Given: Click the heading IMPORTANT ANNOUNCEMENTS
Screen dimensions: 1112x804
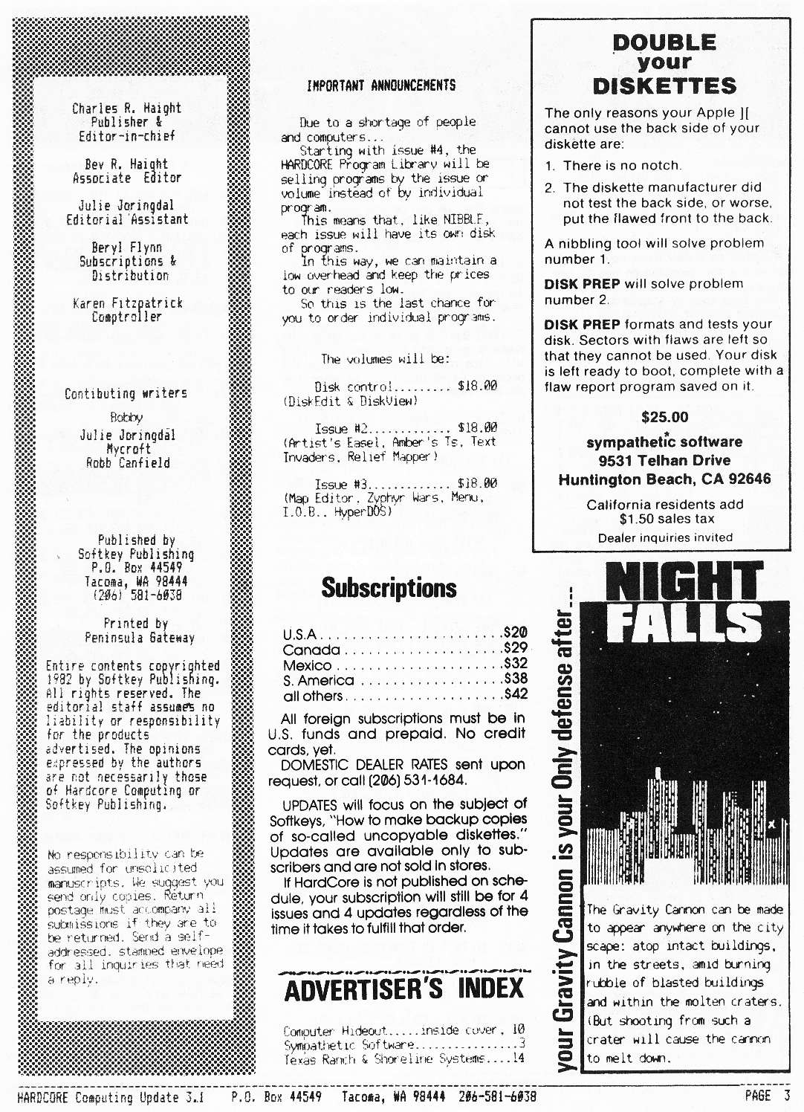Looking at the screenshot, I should click(381, 85).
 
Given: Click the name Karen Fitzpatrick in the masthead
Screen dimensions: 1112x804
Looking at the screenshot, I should click(127, 303).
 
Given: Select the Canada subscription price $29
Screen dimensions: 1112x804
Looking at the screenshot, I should click(515, 648).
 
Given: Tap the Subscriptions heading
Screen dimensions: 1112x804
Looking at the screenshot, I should click(389, 588).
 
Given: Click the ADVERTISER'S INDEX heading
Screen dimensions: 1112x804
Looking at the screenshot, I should click(404, 989).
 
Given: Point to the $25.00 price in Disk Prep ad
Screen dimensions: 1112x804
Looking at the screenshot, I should click(664, 417).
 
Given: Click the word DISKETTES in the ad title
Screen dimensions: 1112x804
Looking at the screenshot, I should click(664, 86).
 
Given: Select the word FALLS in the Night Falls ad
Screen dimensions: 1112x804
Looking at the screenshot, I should click(684, 623).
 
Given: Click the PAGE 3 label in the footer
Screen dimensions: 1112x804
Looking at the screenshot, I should click(767, 1096).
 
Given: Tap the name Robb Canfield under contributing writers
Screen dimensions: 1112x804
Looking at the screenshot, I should click(128, 463).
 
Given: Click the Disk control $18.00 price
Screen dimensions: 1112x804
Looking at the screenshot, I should click(477, 387).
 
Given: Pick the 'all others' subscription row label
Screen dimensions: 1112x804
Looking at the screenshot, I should click(313, 696).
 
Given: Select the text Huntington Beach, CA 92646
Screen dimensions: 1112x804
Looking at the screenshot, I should click(664, 479).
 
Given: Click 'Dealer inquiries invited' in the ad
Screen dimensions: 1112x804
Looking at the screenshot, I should click(664, 537).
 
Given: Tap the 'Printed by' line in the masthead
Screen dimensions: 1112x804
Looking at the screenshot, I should click(135, 624).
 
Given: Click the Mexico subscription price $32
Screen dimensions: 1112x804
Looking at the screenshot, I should click(515, 664).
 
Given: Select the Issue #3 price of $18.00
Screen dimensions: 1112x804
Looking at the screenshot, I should click(477, 484).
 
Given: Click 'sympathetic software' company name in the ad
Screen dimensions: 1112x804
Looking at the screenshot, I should click(664, 442).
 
